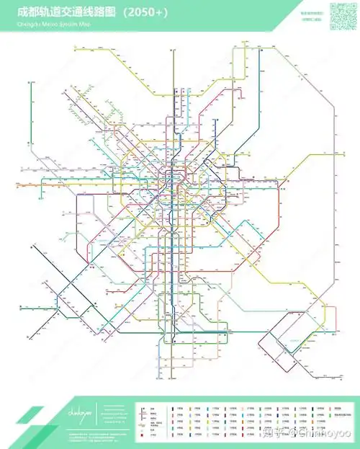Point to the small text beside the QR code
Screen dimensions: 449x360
312,16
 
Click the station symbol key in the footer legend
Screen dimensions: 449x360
148,422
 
